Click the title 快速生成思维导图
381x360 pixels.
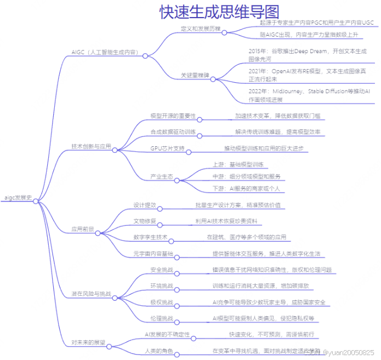pos(219,12)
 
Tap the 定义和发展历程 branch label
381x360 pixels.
pos(200,28)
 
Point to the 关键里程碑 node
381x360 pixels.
pos(195,75)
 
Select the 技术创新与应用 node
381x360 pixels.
pos(92,146)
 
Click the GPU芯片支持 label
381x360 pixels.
pos(167,148)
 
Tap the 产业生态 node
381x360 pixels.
pos(162,176)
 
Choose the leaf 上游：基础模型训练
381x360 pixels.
pos(238,164)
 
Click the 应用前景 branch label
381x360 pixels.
pos(82,229)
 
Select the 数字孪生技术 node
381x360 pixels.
pos(150,237)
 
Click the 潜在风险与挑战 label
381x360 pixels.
pos(92,294)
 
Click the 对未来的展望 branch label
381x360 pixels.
pos(88,342)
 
